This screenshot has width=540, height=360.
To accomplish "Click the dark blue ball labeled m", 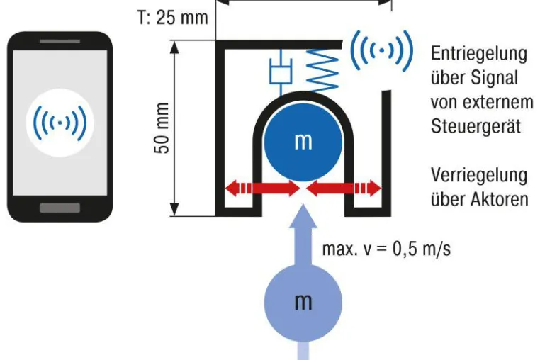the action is pyautogui.click(x=303, y=142).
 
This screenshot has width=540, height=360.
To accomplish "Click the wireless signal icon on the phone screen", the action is pyautogui.click(x=60, y=123).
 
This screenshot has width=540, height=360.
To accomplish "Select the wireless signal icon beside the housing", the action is pyautogui.click(x=381, y=50).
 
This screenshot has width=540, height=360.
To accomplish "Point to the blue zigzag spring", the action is pyautogui.click(x=322, y=71).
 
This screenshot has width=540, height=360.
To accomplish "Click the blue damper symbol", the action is pyautogui.click(x=281, y=72).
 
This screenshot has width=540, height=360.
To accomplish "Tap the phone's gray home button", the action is pyautogui.click(x=60, y=208).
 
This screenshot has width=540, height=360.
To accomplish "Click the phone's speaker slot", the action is pyautogui.click(x=60, y=41).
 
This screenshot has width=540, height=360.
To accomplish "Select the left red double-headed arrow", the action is pyautogui.click(x=262, y=189).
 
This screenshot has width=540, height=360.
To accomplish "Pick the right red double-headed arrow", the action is pyautogui.click(x=344, y=189).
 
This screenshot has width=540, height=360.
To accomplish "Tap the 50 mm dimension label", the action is pyautogui.click(x=162, y=128).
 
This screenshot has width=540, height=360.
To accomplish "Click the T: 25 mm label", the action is pyautogui.click(x=173, y=17).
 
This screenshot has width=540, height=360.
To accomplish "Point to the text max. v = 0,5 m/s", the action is pyautogui.click(x=386, y=249).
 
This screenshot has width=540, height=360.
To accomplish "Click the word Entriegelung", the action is pyautogui.click(x=479, y=54).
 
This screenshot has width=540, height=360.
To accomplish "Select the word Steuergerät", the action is pyautogui.click(x=476, y=126).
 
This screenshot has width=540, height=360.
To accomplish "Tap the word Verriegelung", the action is pyautogui.click(x=479, y=176).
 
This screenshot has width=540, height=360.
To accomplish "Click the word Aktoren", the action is pyautogui.click(x=501, y=199).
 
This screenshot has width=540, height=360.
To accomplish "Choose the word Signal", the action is pyautogui.click(x=494, y=78).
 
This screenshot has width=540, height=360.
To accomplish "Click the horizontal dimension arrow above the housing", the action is pyautogui.click(x=303, y=1).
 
